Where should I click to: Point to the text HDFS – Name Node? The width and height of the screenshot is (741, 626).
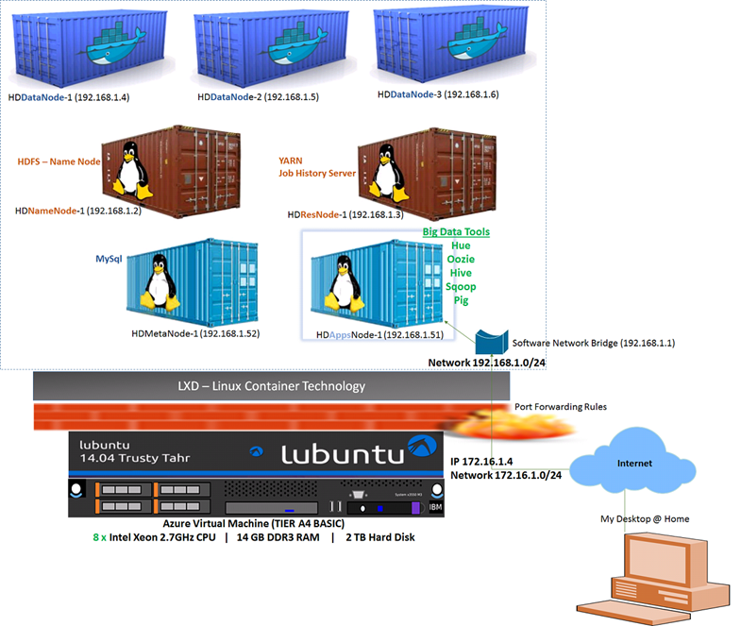point(59,161)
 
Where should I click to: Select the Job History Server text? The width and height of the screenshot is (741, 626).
point(316,174)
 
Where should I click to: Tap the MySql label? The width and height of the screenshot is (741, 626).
point(109,258)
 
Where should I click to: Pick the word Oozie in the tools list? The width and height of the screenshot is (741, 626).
point(461,260)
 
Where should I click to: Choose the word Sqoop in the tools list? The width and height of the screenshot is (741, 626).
point(461,286)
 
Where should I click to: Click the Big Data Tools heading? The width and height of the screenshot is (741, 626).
point(456,231)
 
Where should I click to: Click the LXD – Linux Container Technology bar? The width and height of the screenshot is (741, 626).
point(271,385)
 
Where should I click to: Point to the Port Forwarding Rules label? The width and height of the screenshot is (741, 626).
point(560,407)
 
